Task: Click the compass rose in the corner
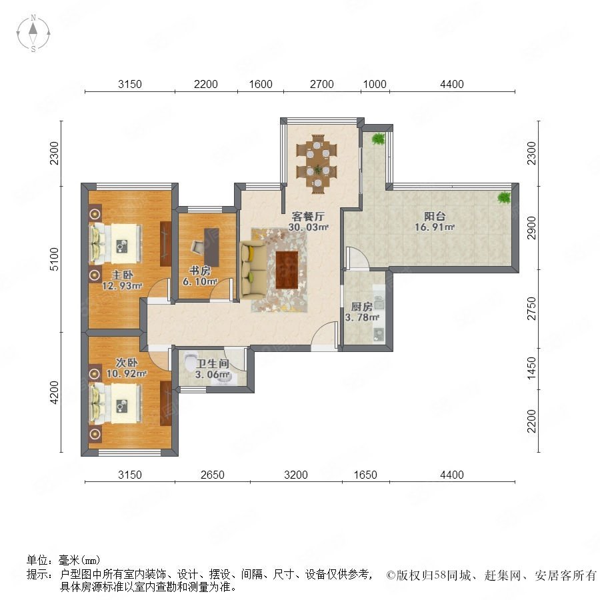click(x=33, y=33)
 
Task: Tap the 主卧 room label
click(x=122, y=275)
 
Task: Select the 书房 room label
click(x=200, y=271)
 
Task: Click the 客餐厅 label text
click(x=308, y=216)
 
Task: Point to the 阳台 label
click(x=435, y=216)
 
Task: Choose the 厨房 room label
click(x=361, y=307)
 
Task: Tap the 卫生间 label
click(x=213, y=363)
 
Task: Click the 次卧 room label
click(x=127, y=362)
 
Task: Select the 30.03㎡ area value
click(x=309, y=227)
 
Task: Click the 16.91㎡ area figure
click(x=435, y=227)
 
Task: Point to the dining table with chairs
click(x=317, y=163)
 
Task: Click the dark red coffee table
click(x=287, y=270)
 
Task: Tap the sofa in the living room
click(x=253, y=270)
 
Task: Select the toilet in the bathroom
click(x=190, y=362)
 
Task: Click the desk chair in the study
click(x=198, y=247)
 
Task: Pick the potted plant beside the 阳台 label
click(x=504, y=197)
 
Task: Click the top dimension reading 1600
click(x=261, y=84)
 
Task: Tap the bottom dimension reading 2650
click(x=213, y=475)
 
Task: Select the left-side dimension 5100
click(x=55, y=259)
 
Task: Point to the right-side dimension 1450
click(x=532, y=368)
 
